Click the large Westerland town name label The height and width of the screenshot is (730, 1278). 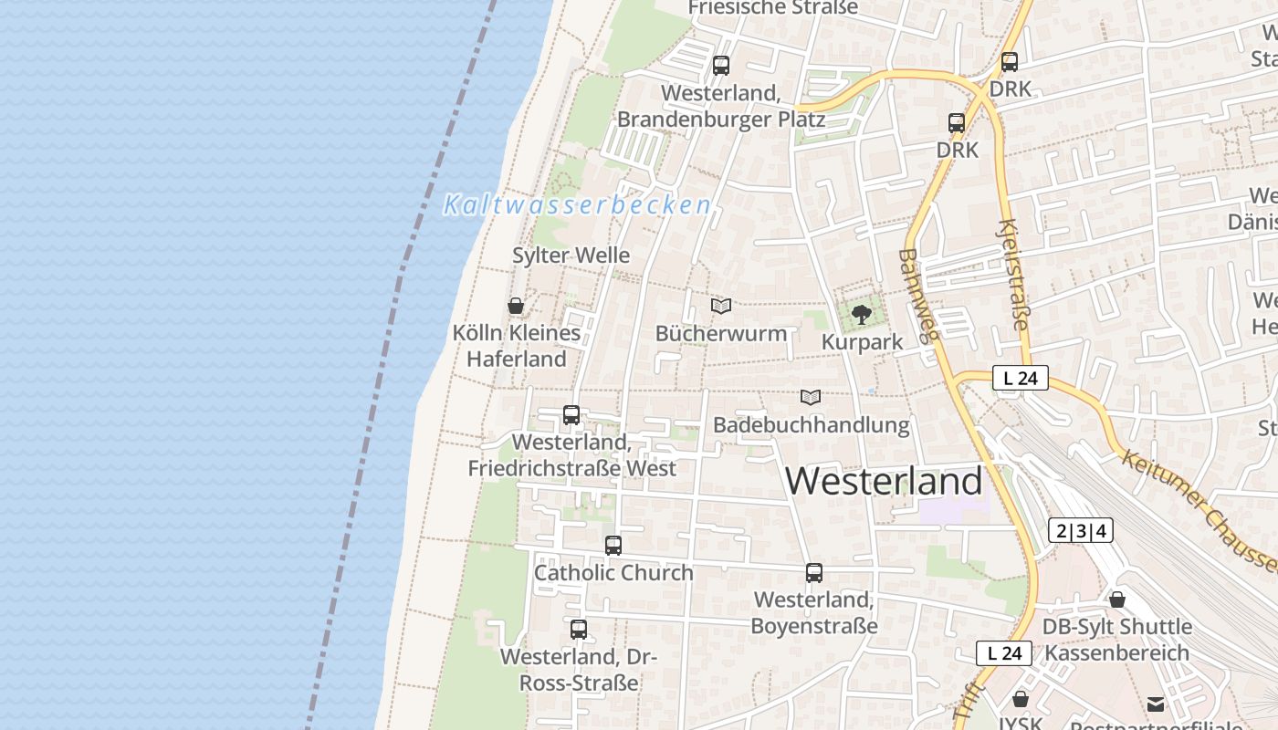[884, 481]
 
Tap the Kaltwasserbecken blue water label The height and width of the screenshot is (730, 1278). [577, 205]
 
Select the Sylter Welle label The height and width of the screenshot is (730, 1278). [571, 255]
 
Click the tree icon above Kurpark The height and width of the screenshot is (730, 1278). [861, 316]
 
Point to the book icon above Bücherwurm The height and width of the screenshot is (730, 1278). [721, 306]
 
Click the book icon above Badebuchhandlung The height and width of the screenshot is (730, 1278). [811, 397]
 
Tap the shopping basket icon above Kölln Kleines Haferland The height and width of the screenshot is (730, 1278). [516, 306]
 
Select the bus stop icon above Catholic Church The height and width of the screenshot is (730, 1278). [613, 546]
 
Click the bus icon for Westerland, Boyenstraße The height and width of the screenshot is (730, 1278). [814, 573]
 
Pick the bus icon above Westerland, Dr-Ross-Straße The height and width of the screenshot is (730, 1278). [579, 630]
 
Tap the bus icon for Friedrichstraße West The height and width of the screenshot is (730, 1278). [571, 415]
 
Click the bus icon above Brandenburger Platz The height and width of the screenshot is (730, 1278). [721, 66]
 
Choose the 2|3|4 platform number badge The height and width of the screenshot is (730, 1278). [1081, 531]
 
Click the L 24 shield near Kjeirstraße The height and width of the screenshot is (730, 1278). [1021, 378]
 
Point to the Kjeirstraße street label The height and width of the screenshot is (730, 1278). [1014, 274]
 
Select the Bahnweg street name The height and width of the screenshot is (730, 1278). [918, 296]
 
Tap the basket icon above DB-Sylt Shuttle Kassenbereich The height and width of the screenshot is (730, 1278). [1117, 600]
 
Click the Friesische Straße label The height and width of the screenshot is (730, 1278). [772, 8]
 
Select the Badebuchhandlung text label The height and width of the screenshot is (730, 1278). [811, 424]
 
